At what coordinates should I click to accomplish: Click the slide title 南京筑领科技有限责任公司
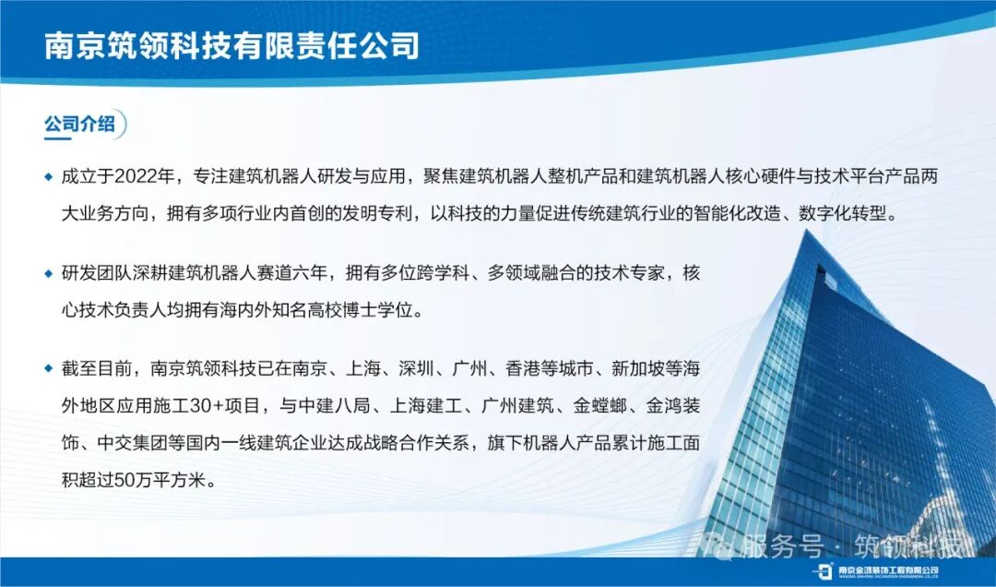231,45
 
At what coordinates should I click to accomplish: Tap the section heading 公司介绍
79,123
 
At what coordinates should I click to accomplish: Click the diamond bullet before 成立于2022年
48,176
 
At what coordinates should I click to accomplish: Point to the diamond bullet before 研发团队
48,273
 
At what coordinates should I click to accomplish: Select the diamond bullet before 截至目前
48,368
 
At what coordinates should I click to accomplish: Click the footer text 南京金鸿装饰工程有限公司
889,569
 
